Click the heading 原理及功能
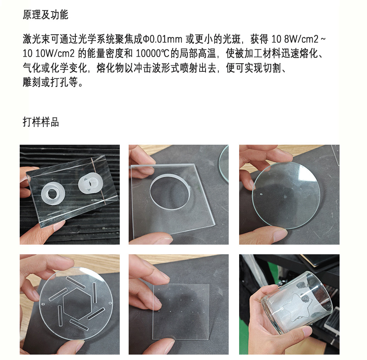pyautogui.click(x=46, y=15)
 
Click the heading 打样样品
pyautogui.click(x=41, y=122)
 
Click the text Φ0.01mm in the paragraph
pyautogui.click(x=162, y=39)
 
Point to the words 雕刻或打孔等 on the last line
pyautogui.click(x=50, y=82)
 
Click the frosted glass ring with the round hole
pyautogui.click(x=53, y=193)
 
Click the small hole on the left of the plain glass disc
pyautogui.click(x=261, y=194)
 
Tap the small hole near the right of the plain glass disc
pyautogui.click(x=300, y=188)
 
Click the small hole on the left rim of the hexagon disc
pyautogui.click(x=42, y=304)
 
